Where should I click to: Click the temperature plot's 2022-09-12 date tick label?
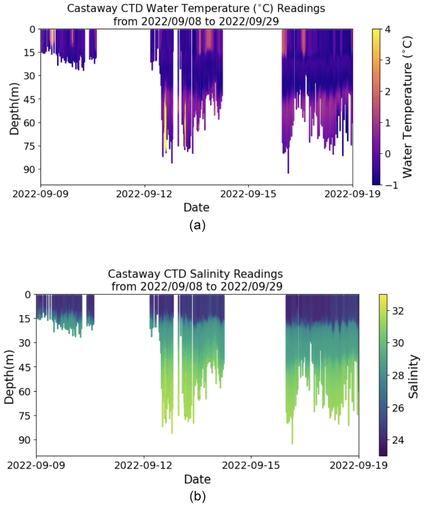tap(144, 194)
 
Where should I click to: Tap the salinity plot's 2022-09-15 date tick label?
tap(251, 465)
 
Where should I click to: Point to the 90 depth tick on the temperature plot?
tap(30, 169)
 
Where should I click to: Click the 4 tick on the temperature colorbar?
tap(387, 29)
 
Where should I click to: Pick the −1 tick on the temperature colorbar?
tap(390, 185)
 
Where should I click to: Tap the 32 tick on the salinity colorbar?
tap(398, 311)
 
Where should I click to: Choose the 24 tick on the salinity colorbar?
tap(398, 440)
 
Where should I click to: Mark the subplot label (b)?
tap(197, 497)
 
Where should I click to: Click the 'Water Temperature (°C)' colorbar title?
tap(407, 107)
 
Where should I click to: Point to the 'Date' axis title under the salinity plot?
tap(197, 479)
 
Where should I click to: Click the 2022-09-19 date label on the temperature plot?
tap(352, 194)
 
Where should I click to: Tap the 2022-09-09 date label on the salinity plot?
tap(36, 465)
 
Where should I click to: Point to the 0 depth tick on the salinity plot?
tap(28, 295)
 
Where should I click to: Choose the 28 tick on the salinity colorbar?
tap(398, 376)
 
